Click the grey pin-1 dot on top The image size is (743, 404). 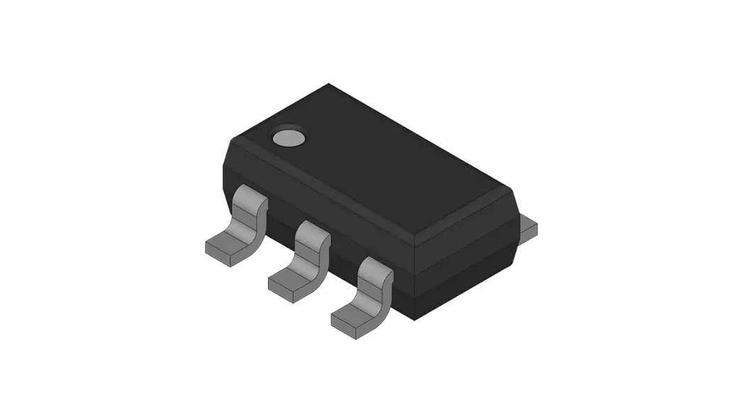[x=289, y=137]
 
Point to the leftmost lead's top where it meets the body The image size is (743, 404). [x=250, y=194]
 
